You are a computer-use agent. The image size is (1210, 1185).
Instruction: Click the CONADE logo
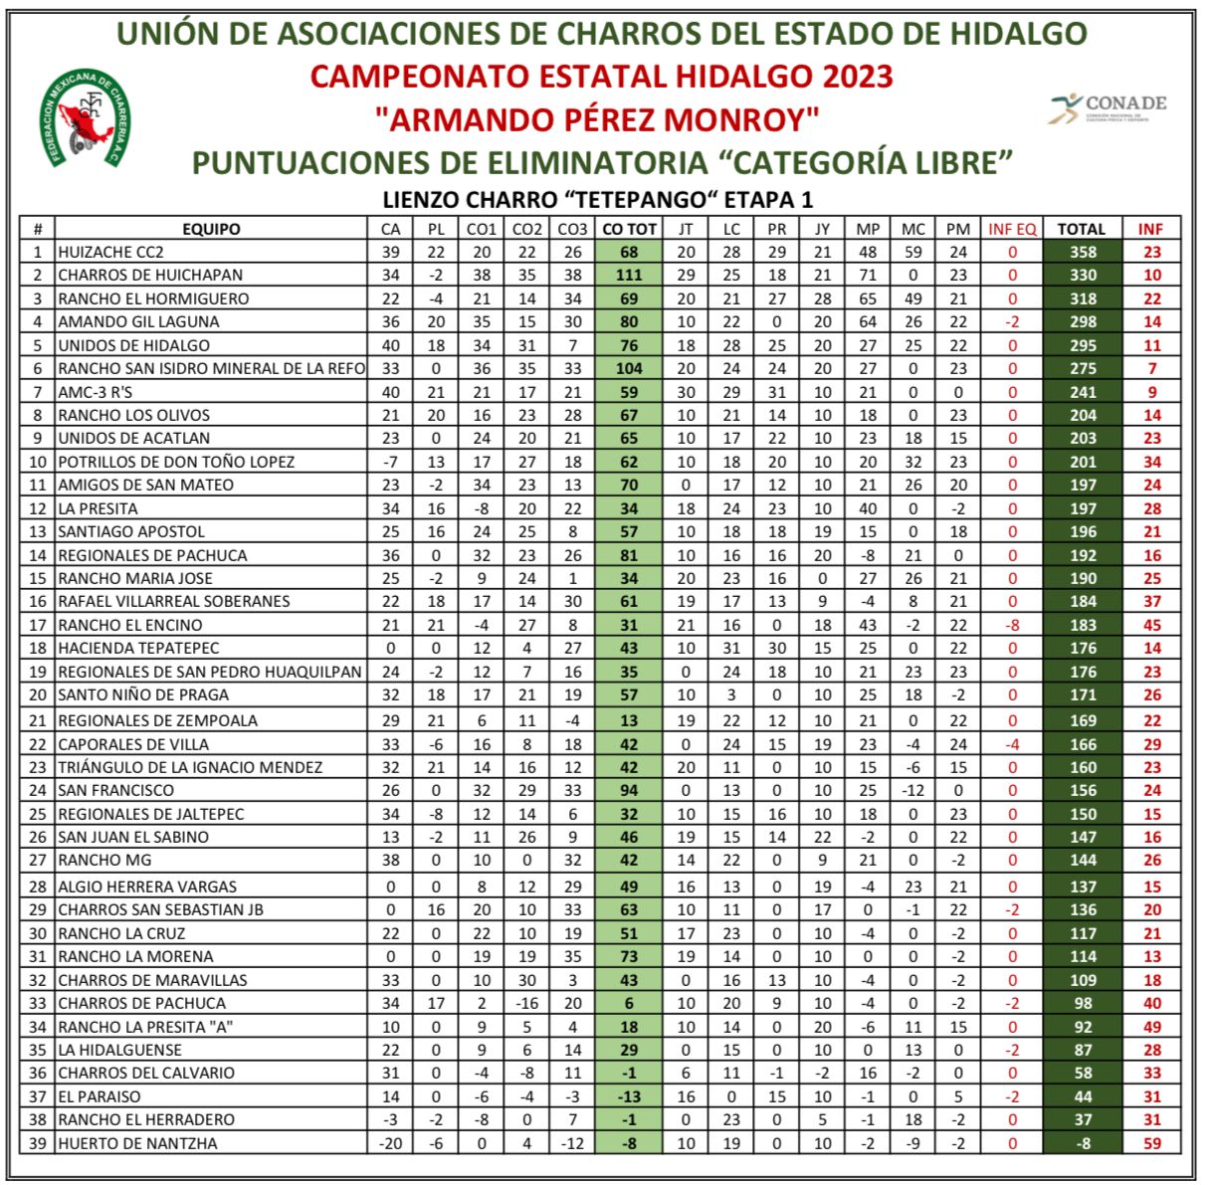(x=1108, y=106)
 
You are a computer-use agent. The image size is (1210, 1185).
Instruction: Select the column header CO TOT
(x=630, y=229)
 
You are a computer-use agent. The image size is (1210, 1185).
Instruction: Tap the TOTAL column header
(x=1082, y=229)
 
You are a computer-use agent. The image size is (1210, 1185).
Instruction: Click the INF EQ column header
(x=1012, y=229)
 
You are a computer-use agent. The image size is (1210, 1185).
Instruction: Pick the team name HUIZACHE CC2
(x=110, y=252)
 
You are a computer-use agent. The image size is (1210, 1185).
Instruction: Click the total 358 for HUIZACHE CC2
(x=1082, y=252)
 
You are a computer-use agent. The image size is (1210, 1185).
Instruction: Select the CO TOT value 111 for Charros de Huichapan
(x=630, y=275)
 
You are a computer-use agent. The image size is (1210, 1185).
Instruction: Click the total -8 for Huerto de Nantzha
(x=1082, y=1143)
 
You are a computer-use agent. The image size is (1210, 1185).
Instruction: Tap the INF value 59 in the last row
(x=1151, y=1143)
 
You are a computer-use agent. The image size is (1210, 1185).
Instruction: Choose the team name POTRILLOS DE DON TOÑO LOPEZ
(x=176, y=462)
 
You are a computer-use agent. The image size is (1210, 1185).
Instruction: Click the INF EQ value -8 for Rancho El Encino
(x=1012, y=625)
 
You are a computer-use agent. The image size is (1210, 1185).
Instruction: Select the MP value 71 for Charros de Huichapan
(x=868, y=275)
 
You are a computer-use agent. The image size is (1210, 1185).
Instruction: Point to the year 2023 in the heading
(x=858, y=76)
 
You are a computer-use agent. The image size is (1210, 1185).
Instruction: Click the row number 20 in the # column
(x=38, y=694)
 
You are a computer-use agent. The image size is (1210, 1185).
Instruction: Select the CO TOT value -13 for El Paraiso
(x=630, y=1096)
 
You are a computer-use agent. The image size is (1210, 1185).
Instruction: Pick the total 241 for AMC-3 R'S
(x=1082, y=392)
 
